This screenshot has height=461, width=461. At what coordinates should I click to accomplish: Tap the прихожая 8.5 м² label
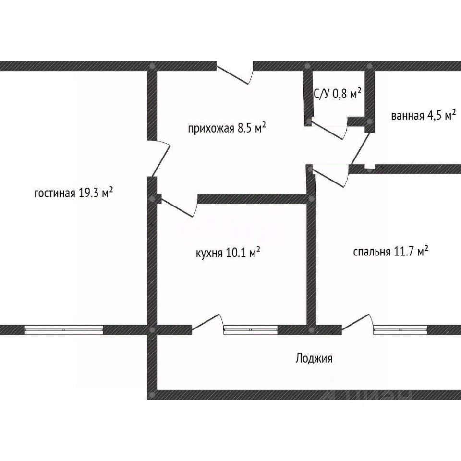tap(227, 128)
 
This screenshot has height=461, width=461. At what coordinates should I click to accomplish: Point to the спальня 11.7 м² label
tap(390, 252)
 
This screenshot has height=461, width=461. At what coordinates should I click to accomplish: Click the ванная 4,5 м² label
tap(423, 116)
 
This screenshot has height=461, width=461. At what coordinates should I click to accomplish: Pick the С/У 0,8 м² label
tap(337, 94)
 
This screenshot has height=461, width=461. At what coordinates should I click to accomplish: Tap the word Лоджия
tap(314, 358)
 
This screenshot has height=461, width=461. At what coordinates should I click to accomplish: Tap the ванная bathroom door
tap(361, 148)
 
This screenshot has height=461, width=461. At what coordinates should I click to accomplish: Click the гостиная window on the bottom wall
tap(64, 329)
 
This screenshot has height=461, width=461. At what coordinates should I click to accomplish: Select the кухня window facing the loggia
tap(251, 329)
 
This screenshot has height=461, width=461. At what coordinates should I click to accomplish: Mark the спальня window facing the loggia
tap(400, 329)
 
